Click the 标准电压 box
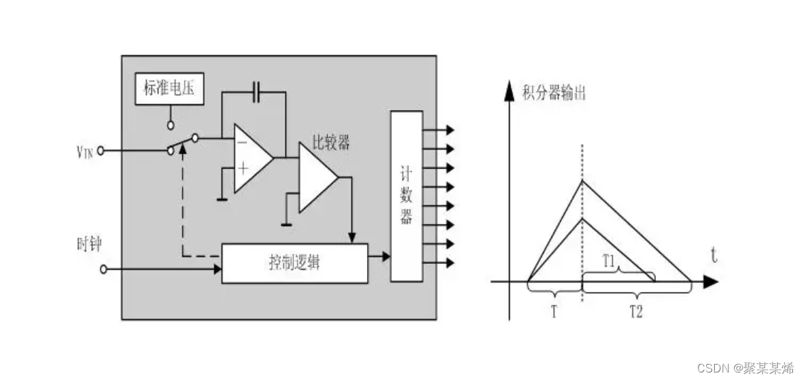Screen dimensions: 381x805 click(170, 89)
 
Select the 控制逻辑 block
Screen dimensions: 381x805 click(295, 263)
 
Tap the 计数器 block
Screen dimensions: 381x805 click(406, 195)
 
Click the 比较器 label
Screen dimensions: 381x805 click(332, 143)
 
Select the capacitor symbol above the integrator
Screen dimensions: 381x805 click(257, 91)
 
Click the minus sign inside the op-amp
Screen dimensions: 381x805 click(243, 143)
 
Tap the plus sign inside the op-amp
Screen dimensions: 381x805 click(243, 168)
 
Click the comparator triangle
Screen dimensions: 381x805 click(316, 177)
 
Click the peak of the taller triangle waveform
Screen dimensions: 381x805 click(583, 180)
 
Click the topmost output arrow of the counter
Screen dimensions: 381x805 click(447, 130)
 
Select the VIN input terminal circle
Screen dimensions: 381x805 click(102, 150)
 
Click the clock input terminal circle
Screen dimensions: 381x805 click(104, 269)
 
